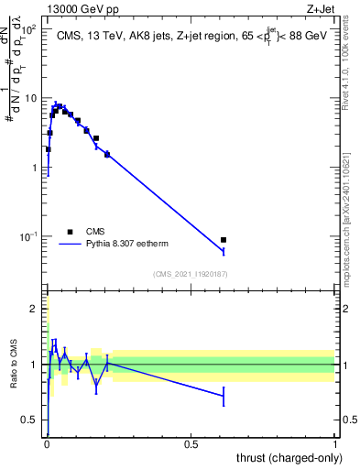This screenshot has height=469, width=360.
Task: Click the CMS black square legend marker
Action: [x=70, y=232]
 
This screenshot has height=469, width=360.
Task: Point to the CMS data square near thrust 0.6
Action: [x=224, y=240]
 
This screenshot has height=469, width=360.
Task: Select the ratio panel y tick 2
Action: [x=35, y=309]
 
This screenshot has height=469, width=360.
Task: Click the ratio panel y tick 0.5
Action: [x=30, y=420]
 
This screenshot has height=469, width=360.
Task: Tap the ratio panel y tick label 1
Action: [x=35, y=365]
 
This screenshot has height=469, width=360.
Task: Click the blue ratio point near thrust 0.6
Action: [x=224, y=396]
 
